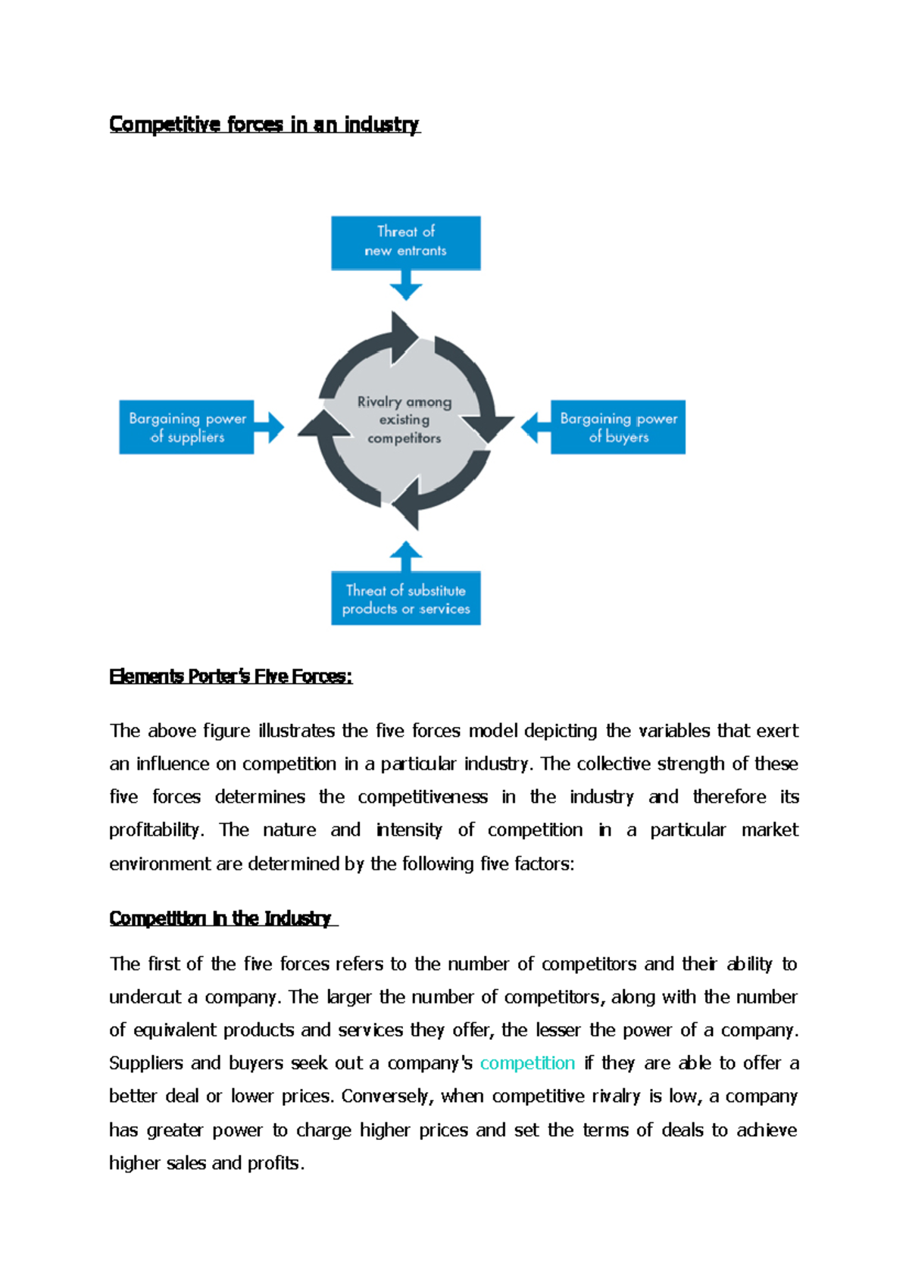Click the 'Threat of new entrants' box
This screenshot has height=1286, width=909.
pyautogui.click(x=405, y=242)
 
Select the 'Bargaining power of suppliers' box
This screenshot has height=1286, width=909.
pyautogui.click(x=186, y=427)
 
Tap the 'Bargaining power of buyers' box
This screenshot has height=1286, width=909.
pyautogui.click(x=617, y=427)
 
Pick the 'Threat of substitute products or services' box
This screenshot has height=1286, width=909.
pyautogui.click(x=405, y=598)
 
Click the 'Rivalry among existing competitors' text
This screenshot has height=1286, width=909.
pyautogui.click(x=404, y=420)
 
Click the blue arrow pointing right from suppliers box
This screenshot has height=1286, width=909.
pyautogui.click(x=270, y=427)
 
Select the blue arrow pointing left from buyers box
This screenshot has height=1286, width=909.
pyautogui.click(x=535, y=427)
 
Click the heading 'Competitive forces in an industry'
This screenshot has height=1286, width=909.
pyautogui.click(x=264, y=124)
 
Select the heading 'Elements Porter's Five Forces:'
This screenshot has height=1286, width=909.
pyautogui.click(x=230, y=676)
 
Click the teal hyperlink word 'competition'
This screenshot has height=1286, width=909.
pyautogui.click(x=527, y=1063)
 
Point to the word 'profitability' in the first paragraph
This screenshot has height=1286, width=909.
pyautogui.click(x=155, y=830)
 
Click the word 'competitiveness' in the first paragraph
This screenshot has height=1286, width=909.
pyautogui.click(x=423, y=797)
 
